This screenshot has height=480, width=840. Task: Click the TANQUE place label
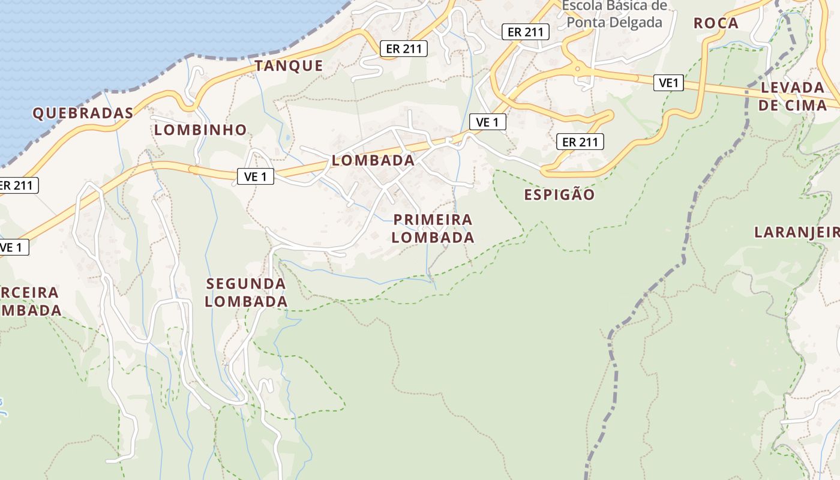(x=289, y=65)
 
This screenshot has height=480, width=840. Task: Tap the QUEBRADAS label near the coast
(x=83, y=113)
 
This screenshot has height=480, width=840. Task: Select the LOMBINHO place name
(x=200, y=130)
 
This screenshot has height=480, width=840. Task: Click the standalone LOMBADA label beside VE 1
(x=373, y=160)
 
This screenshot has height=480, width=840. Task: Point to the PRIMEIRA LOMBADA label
(x=433, y=228)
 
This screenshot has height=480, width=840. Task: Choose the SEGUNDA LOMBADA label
(x=246, y=292)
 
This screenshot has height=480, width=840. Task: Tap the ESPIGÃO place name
(x=559, y=194)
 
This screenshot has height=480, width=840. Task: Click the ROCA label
(x=716, y=23)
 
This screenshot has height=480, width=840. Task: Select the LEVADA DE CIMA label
(x=793, y=96)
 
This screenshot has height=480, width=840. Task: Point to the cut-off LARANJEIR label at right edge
(x=797, y=232)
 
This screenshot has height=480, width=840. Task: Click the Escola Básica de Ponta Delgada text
(x=614, y=14)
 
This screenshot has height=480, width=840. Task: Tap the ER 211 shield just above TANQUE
(x=404, y=49)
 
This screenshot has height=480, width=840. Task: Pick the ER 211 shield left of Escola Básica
(x=526, y=32)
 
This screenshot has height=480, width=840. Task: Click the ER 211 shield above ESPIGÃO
(x=580, y=142)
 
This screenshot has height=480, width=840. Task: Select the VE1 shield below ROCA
(x=668, y=83)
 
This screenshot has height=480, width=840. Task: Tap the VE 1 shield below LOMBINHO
(x=256, y=176)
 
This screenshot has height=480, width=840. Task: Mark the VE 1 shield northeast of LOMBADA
(x=487, y=122)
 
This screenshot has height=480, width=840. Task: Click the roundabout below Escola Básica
(x=577, y=69)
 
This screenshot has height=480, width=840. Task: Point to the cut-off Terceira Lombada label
(x=30, y=301)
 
